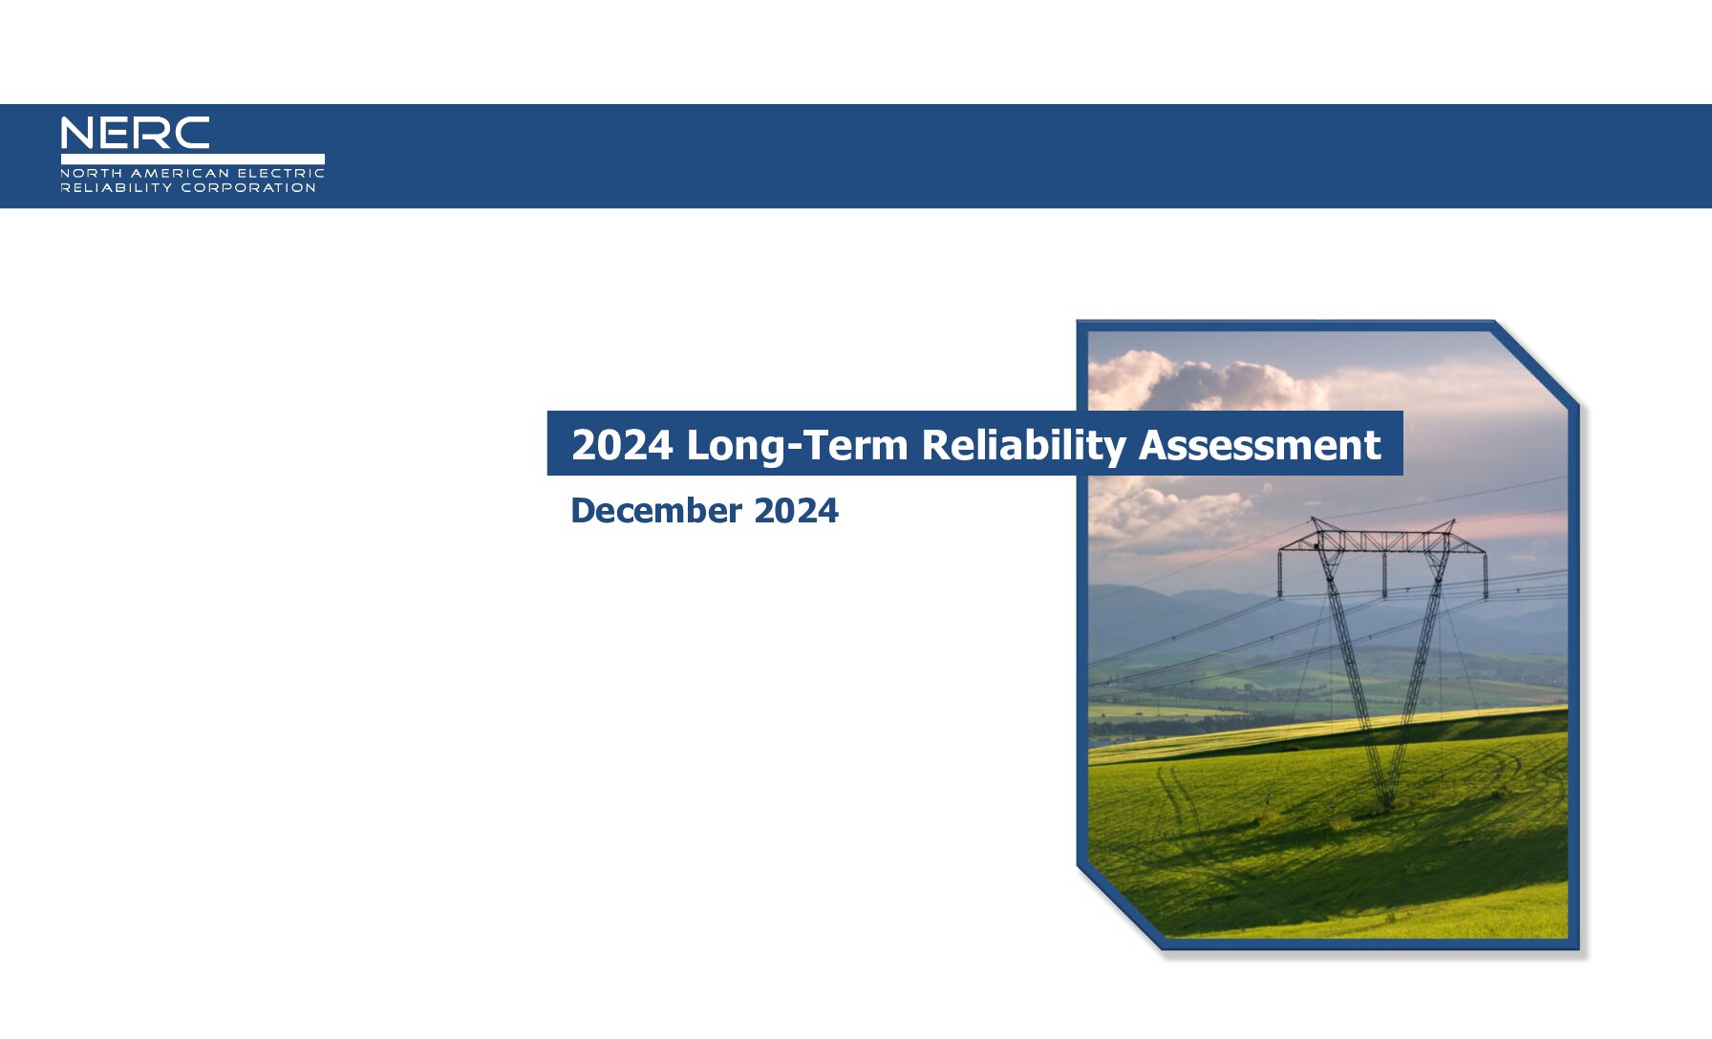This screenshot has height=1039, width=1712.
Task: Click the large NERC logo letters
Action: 135,134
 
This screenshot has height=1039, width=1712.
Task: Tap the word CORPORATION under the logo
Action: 248,187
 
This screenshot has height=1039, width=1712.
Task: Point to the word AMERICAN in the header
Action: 181,173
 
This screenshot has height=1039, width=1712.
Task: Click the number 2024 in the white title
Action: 622,445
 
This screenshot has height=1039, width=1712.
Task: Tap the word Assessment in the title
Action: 1259,445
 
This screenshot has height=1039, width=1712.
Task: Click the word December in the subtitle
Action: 656,510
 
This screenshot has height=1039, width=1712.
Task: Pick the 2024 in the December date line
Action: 796,510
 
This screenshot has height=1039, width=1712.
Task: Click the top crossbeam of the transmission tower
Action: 1381,541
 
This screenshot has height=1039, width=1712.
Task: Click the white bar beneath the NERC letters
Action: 192,159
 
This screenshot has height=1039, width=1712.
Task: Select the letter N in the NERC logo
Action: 77,134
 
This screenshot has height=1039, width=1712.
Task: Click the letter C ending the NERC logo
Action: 192,134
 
